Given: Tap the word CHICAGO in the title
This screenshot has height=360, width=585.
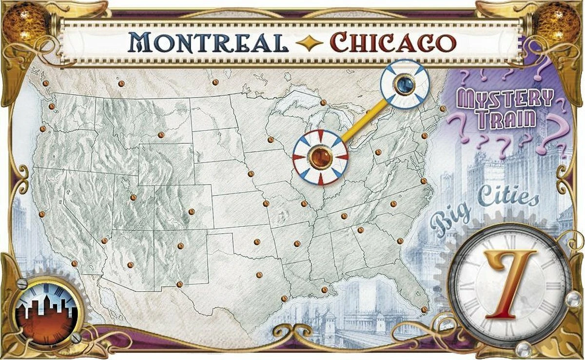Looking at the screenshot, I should click(x=393, y=43).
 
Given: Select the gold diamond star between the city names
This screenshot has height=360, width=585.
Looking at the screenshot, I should click(x=309, y=43).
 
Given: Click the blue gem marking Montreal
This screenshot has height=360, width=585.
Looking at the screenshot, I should click(x=405, y=84).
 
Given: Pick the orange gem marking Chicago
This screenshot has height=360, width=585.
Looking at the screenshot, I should click(x=320, y=158).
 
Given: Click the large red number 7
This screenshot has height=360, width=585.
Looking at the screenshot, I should click(x=509, y=283).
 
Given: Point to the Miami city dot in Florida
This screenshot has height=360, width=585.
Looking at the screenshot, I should click(x=424, y=309).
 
